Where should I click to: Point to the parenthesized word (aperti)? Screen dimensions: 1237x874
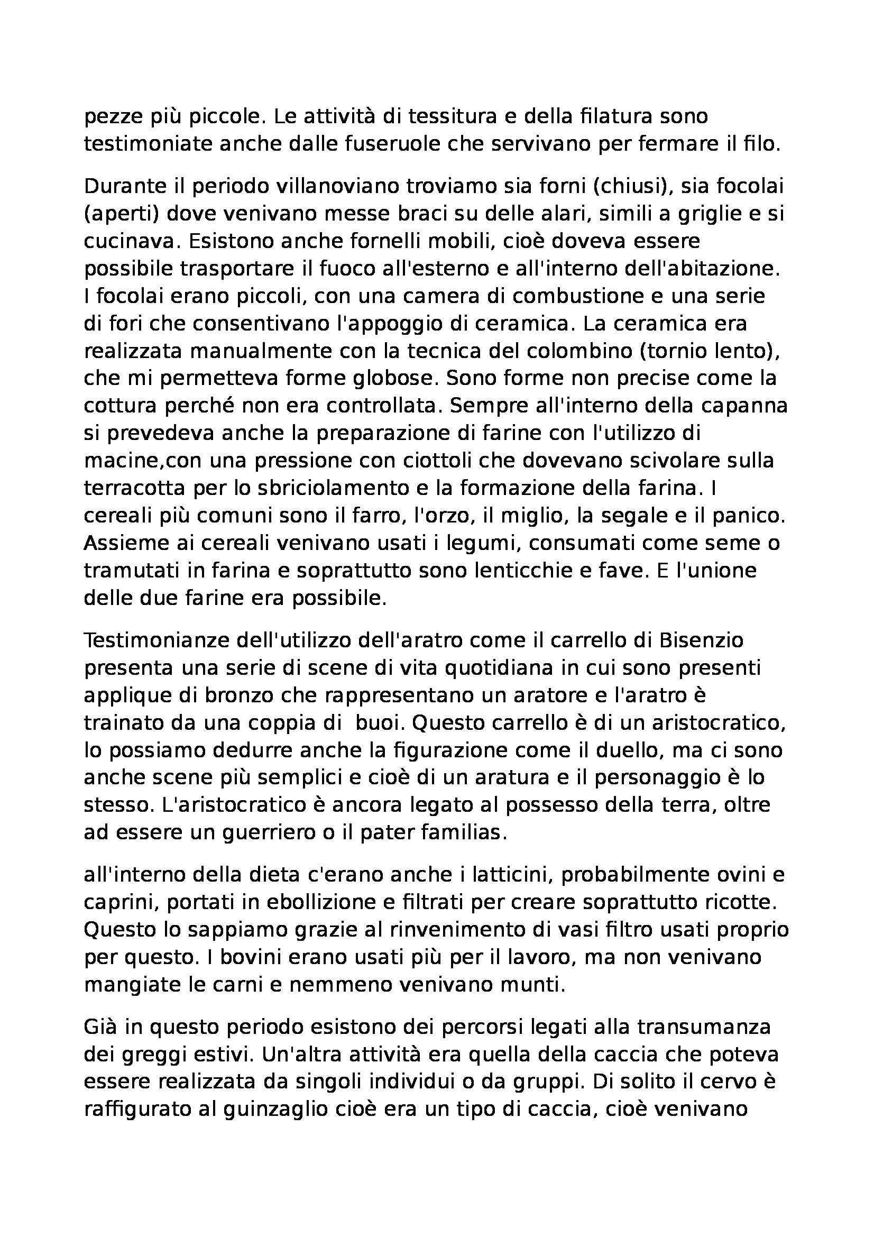pos(122,214)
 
